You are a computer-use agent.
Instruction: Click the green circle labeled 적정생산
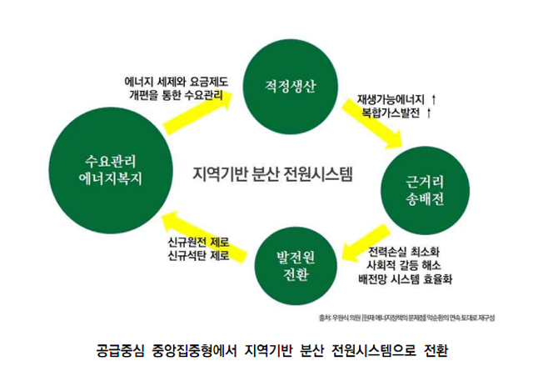[288, 84]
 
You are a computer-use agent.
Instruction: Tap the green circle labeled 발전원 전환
[297, 266]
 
